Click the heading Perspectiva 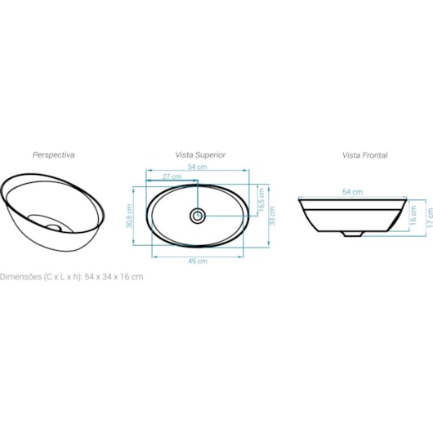pyautogui.click(x=54, y=155)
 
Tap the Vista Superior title pyautogui.click(x=200, y=155)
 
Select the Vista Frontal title pyautogui.click(x=365, y=155)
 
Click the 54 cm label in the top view pyautogui.click(x=198, y=167)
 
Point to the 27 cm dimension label pyautogui.click(x=172, y=176)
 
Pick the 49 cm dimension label pyautogui.click(x=198, y=261)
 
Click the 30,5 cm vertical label pyautogui.click(x=129, y=216)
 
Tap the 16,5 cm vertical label pyautogui.click(x=261, y=199)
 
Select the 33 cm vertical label pyautogui.click(x=272, y=216)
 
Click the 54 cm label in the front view pyautogui.click(x=353, y=192)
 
